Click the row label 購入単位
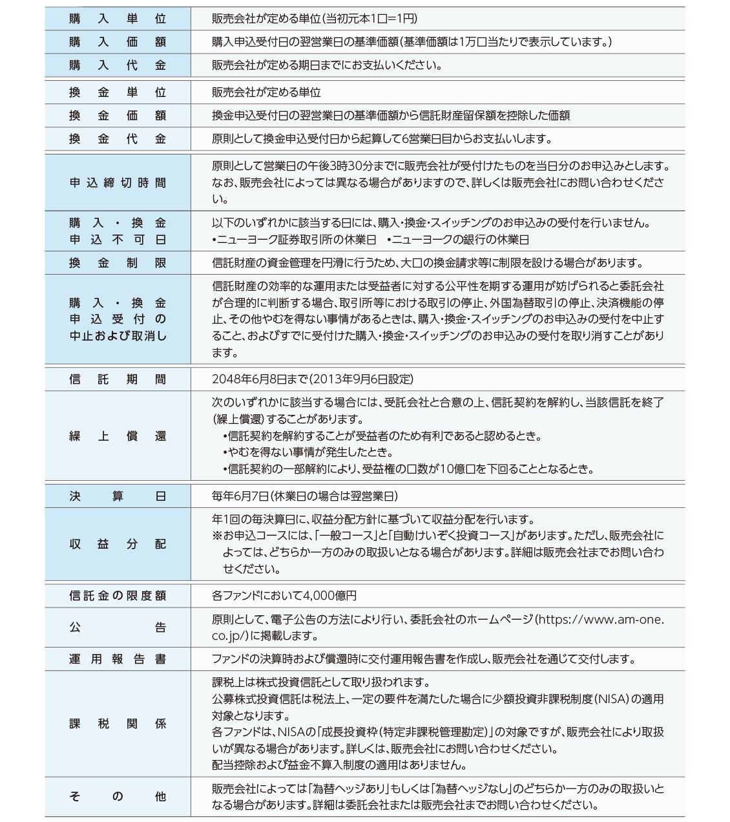point(118,19)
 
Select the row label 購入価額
point(118,43)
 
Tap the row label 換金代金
point(118,140)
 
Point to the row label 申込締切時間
point(118,184)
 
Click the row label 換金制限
point(118,263)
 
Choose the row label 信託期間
point(118,379)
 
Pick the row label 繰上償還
point(118,436)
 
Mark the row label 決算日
point(118,496)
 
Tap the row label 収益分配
point(118,544)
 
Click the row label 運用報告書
point(118,660)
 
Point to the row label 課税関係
point(118,724)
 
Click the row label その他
point(118,797)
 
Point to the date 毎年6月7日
point(240,496)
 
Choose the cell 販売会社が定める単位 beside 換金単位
point(266,93)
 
